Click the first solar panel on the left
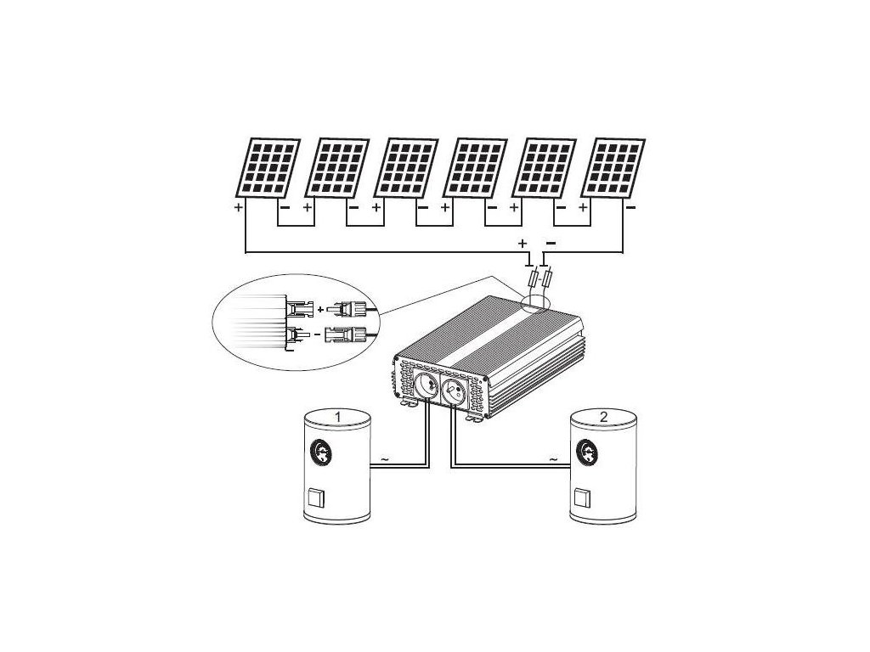268,166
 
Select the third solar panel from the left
407,166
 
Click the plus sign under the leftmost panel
239,206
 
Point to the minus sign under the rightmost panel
629,206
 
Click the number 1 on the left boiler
338,417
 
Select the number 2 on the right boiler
603,417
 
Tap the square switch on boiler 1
316,496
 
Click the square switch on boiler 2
582,496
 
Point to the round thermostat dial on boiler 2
587,452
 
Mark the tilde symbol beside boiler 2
554,458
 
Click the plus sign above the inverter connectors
522,243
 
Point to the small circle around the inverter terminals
536,300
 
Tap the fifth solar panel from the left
546,166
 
